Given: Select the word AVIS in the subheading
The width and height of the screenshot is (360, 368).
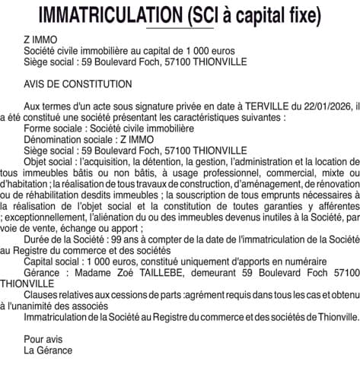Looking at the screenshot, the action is [36, 84].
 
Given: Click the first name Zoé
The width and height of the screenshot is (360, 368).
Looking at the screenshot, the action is [132, 271].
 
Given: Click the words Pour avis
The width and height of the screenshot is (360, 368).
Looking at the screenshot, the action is [43, 339].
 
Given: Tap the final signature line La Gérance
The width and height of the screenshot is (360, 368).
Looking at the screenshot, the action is [48, 351].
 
